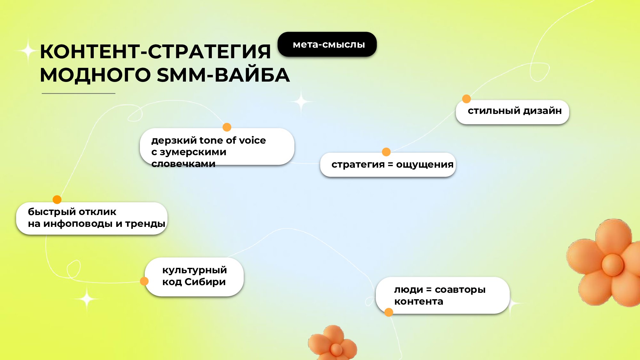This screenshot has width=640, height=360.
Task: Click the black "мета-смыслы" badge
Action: point(327,44)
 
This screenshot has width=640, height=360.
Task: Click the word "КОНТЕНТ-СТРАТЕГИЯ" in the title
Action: point(156,51)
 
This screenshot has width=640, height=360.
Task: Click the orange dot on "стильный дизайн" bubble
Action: point(467,99)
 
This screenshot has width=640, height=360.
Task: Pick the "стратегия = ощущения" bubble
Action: point(388,164)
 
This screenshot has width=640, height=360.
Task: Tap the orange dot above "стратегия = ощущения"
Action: point(386,152)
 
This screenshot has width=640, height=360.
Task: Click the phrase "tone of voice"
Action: point(233,140)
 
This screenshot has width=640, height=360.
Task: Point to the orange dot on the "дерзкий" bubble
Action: point(227,127)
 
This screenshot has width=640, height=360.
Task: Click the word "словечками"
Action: point(183,164)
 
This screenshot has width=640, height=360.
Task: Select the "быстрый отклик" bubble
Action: point(92,218)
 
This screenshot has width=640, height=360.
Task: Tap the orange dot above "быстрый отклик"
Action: point(57,200)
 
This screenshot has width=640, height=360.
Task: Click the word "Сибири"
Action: point(205,282)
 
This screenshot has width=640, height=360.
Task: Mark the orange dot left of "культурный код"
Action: point(144,281)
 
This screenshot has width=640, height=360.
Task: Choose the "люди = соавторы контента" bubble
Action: point(443,295)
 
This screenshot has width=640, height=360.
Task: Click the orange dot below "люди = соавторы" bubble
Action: point(389,312)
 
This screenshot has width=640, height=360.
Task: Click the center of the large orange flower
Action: point(612,265)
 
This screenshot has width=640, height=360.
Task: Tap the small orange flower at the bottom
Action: point(333,343)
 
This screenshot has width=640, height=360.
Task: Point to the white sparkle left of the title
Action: point(28,51)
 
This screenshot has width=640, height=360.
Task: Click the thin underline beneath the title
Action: point(78,93)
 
